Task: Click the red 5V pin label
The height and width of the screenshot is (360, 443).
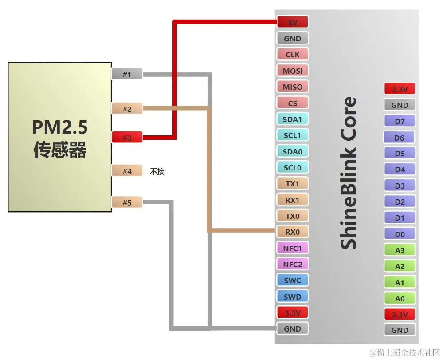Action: pos(292,22)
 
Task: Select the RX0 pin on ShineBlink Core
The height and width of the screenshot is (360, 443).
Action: pos(292,232)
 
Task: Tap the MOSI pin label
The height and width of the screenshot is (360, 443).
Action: pos(292,71)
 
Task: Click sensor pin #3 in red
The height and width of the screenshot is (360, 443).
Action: pos(127,138)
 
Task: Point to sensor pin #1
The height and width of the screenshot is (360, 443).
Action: pos(127,74)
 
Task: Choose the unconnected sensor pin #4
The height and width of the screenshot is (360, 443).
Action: pos(127,171)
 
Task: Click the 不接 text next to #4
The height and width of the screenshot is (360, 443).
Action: pos(157,171)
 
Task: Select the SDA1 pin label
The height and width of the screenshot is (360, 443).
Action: pos(292,119)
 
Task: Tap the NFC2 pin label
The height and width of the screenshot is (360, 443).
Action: pos(292,265)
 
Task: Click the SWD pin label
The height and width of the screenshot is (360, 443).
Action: pos(292,297)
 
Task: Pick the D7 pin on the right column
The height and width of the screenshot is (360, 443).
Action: pos(400,122)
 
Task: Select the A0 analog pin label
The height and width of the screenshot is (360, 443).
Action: pos(400,299)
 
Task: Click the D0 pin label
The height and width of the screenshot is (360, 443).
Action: pos(400,234)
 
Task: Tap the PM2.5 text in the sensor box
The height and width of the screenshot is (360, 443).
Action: pos(59,128)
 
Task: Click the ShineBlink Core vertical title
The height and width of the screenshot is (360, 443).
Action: pos(348,173)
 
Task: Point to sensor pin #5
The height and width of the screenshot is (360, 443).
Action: pos(127,203)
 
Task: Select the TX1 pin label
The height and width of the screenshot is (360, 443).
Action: pos(292,184)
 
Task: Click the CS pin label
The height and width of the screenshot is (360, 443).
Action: pos(292,103)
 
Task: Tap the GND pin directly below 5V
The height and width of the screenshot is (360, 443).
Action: pos(292,39)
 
